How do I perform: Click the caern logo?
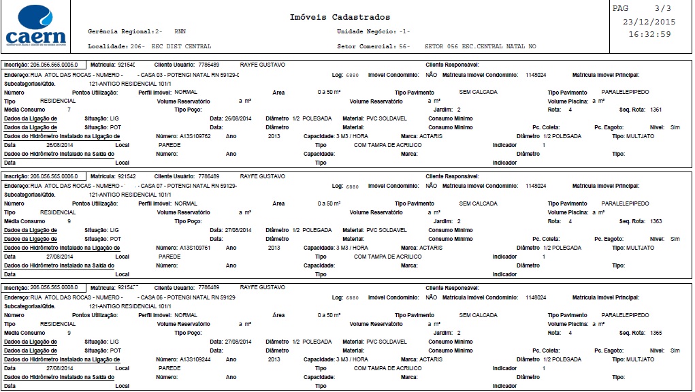[35, 26]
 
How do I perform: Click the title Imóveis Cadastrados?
[340, 17]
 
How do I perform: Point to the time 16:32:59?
[649, 34]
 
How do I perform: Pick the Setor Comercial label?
[367, 46]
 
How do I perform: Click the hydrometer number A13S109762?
[195, 136]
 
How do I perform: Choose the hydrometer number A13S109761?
[195, 248]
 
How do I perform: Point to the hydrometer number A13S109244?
[195, 359]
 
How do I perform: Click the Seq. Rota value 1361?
[656, 110]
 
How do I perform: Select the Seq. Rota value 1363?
[656, 221]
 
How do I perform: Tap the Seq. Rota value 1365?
[656, 333]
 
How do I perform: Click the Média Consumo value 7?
[69, 110]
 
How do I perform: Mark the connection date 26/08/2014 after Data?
[238, 118]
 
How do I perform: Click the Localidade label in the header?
[108, 46]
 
